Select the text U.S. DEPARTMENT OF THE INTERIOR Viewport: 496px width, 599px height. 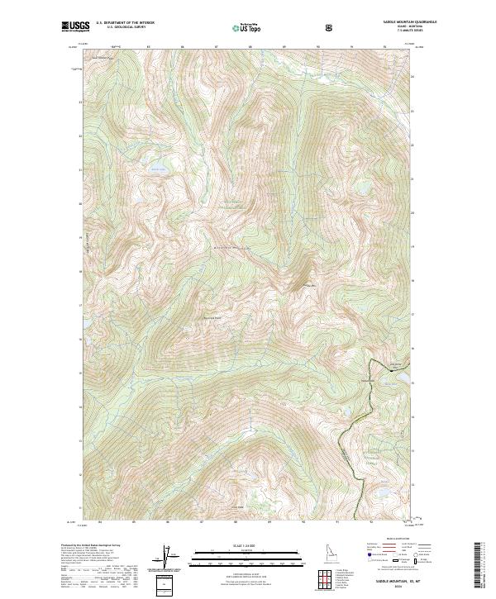[126, 24]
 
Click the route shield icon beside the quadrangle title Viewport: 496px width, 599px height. [331, 28]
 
